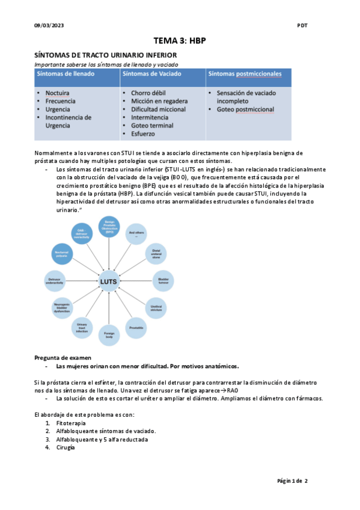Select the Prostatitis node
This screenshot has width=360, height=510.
coord(136,327)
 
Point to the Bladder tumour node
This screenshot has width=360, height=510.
coord(162,281)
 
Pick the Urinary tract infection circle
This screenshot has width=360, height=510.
coord(82,328)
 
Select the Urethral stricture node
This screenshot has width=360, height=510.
coord(156,307)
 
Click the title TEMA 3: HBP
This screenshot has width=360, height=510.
coord(180,41)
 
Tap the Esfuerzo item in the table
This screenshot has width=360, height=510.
coord(144,135)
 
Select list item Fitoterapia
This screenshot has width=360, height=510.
coord(72,423)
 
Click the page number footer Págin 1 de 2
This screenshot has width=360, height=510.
coord(292,481)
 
